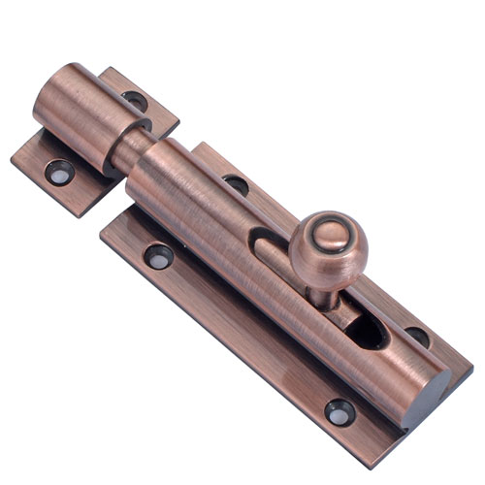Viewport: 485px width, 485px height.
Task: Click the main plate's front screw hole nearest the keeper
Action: pyautogui.click(x=157, y=256)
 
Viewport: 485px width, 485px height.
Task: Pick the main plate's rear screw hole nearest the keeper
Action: pyautogui.click(x=235, y=183)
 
